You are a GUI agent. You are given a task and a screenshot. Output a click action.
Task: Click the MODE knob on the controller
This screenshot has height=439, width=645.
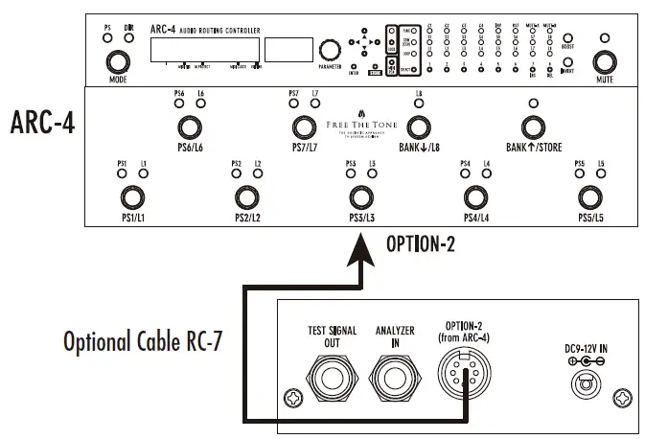[118, 62]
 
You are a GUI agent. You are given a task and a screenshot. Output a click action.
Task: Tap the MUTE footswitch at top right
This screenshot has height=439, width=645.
[603, 62]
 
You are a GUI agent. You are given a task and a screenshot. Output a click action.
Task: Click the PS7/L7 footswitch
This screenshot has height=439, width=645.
[304, 127]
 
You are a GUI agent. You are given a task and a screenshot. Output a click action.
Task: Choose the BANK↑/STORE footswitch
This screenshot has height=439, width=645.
[533, 127]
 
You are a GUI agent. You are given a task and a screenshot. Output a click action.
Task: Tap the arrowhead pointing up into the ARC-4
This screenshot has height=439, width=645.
[361, 254]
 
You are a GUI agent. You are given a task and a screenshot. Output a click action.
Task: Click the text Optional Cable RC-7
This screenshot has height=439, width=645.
[143, 340]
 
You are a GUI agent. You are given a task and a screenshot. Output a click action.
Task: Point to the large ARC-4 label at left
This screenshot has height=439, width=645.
[44, 123]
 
